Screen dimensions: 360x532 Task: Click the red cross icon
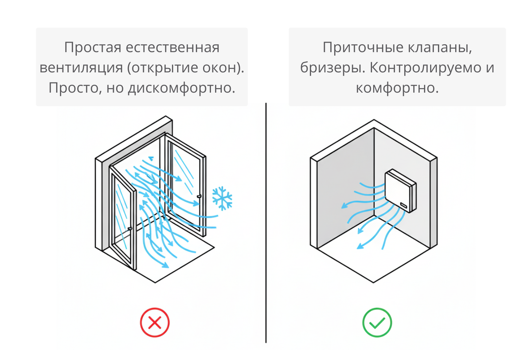point(155,322)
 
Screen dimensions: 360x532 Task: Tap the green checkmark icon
point(377,322)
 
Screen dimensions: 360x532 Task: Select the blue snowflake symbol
point(222,198)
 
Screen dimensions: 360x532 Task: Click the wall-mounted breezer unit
point(400,191)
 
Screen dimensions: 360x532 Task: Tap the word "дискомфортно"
point(181,88)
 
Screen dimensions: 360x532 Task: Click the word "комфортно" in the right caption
point(397,88)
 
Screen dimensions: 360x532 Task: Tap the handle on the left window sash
point(129,228)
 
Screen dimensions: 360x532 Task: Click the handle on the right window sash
point(199,196)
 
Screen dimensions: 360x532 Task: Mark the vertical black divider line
point(266,222)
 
